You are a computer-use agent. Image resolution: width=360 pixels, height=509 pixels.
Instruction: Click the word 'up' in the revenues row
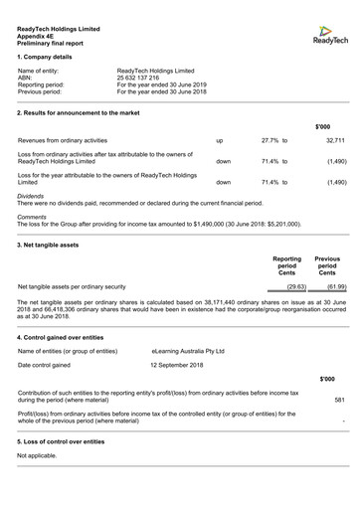coord(220,142)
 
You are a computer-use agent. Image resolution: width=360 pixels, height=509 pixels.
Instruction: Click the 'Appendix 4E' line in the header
coord(38,36)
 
